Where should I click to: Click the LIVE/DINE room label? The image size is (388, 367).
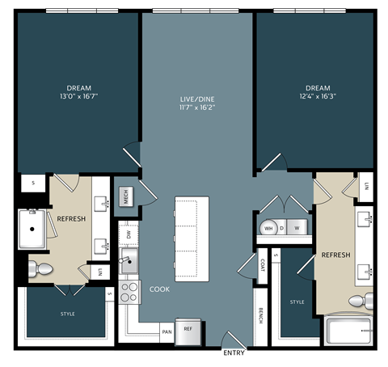[197, 99]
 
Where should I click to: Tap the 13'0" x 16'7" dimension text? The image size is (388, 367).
[79, 95]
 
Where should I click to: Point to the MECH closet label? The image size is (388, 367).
[126, 195]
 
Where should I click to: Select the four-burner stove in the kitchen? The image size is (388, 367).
[129, 290]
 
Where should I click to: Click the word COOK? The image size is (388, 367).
[159, 289]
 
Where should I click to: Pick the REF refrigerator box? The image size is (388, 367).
[188, 329]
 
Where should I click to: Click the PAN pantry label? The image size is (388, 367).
[167, 331]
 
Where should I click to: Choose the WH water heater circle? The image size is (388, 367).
[268, 228]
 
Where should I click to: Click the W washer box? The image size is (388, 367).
[297, 228]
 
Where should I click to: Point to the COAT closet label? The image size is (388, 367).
[264, 264]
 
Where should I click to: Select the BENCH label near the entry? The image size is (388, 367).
[260, 316]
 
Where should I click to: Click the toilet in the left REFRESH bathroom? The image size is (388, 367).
[41, 268]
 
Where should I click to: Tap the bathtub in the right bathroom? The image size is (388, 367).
[348, 331]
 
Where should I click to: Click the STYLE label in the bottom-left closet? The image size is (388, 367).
[67, 313]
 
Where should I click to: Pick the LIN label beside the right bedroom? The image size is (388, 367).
[365, 187]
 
